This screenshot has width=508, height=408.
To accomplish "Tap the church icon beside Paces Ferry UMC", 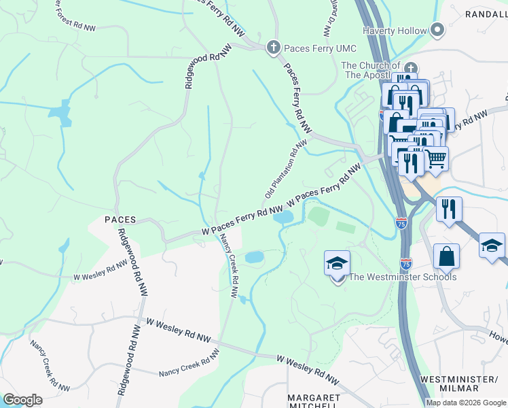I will pos(273,47).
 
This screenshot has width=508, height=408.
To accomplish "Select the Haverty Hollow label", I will pos(394,31).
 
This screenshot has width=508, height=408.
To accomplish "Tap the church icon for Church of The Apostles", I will pos(410,69).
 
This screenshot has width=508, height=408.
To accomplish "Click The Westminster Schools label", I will pos(403,277).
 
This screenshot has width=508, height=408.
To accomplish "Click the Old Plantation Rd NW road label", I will pos(286,169).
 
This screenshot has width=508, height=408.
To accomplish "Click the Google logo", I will pos(22,400).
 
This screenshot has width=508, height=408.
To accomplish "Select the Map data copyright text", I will pos(467,403).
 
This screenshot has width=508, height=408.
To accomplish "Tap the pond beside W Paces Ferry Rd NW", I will pos(284,218).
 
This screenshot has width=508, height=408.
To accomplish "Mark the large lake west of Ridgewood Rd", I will pos(62,112).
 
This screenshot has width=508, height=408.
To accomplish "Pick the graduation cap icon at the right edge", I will pos(492,245).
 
